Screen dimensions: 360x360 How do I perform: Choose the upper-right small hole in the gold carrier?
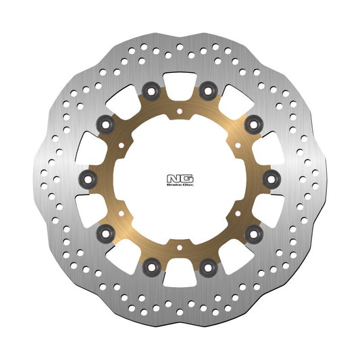pyautogui.click(x=239, y=145)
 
